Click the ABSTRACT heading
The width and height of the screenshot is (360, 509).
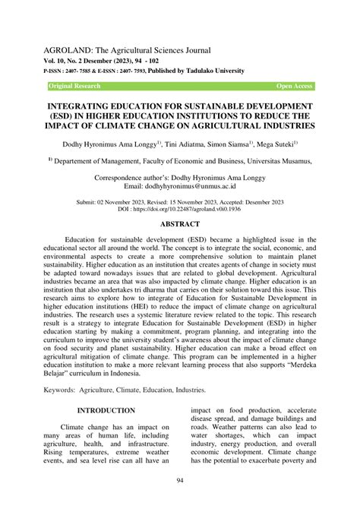click(x=179, y=224)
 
